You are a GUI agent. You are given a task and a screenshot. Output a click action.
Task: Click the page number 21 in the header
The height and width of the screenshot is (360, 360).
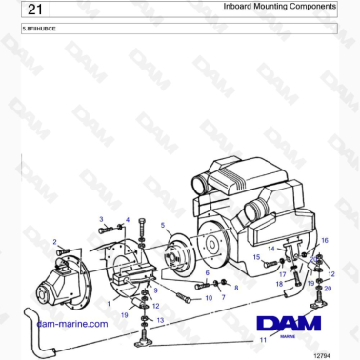pyautogui.click(x=29, y=10)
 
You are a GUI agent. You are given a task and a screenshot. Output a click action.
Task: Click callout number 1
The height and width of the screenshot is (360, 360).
pyautogui.click(x=110, y=303)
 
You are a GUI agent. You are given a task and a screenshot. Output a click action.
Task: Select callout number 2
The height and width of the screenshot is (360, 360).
pyautogui.click(x=54, y=242)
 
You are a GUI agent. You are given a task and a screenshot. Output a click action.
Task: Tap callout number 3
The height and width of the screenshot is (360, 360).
pyautogui.click(x=101, y=219)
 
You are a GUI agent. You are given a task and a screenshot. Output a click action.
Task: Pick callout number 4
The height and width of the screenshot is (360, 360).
pyautogui.click(x=127, y=220)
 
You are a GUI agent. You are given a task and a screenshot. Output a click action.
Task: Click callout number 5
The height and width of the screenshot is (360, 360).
pyautogui.click(x=164, y=226)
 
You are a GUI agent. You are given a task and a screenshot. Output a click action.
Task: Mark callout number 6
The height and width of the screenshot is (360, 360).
pyautogui.click(x=207, y=272)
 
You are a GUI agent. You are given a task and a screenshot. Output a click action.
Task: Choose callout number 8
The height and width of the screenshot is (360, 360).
pyautogui.click(x=236, y=287)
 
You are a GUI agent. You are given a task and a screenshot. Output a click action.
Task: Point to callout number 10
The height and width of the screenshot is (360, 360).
pyautogui.click(x=209, y=298)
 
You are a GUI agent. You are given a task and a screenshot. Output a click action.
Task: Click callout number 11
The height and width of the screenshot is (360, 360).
pyautogui.click(x=262, y=339)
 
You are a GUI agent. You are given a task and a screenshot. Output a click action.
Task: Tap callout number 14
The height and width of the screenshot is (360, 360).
pyautogui.click(x=270, y=249)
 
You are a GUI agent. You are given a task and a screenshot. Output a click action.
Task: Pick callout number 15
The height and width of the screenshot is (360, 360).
pyautogui.click(x=255, y=257)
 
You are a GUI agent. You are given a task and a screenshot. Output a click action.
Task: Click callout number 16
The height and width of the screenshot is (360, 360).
pyautogui.click(x=325, y=241)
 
